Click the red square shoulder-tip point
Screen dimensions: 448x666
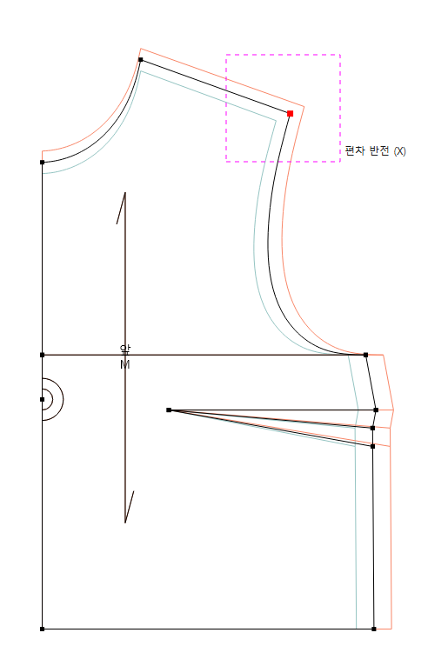[290, 113]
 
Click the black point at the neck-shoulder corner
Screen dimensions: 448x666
[141, 59]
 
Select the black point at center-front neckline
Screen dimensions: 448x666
[42, 163]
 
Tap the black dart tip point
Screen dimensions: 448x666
[169, 410]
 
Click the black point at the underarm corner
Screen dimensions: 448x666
[365, 355]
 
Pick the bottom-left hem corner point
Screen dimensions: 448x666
[42, 629]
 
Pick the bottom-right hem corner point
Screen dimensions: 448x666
[373, 629]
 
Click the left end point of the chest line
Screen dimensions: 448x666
[42, 355]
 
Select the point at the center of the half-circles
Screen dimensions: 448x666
[42, 399]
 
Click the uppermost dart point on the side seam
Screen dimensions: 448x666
[376, 410]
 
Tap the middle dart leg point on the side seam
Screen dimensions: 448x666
[373, 428]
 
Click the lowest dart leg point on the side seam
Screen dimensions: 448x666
[373, 446]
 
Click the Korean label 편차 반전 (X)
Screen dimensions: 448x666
[375, 150]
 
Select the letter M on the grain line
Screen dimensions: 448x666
[125, 364]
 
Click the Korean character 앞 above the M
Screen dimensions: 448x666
[125, 350]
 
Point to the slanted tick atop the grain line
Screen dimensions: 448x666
[121, 208]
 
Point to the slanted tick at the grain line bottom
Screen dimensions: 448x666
[130, 507]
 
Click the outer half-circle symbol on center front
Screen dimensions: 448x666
[64, 399]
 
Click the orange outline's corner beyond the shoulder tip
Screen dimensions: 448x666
[304, 107]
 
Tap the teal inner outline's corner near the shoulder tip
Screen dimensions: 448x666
[276, 121]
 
